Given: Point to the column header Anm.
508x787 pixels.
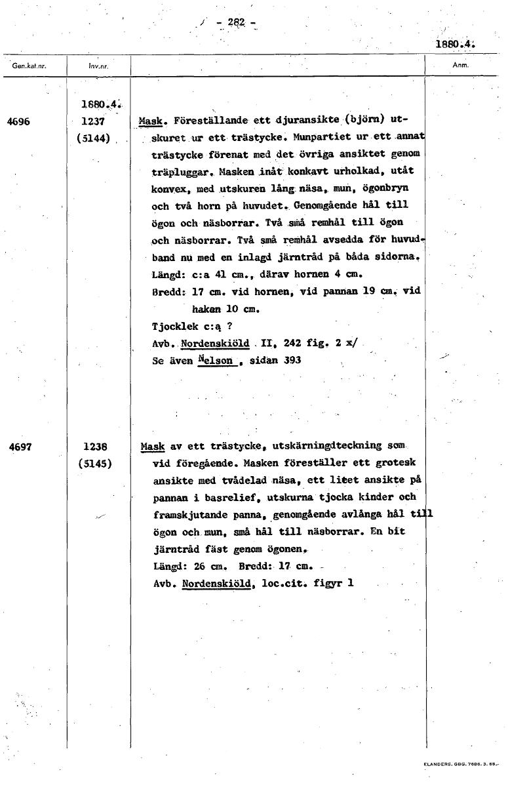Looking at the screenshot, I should (459, 66).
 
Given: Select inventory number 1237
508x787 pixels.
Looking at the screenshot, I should (94, 121).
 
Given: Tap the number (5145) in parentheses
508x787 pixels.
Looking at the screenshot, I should (95, 463).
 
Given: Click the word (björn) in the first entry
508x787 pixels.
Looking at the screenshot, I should (363, 121).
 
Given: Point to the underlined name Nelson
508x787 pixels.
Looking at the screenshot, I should (217, 360).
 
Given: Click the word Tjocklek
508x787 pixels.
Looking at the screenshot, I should (174, 326).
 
